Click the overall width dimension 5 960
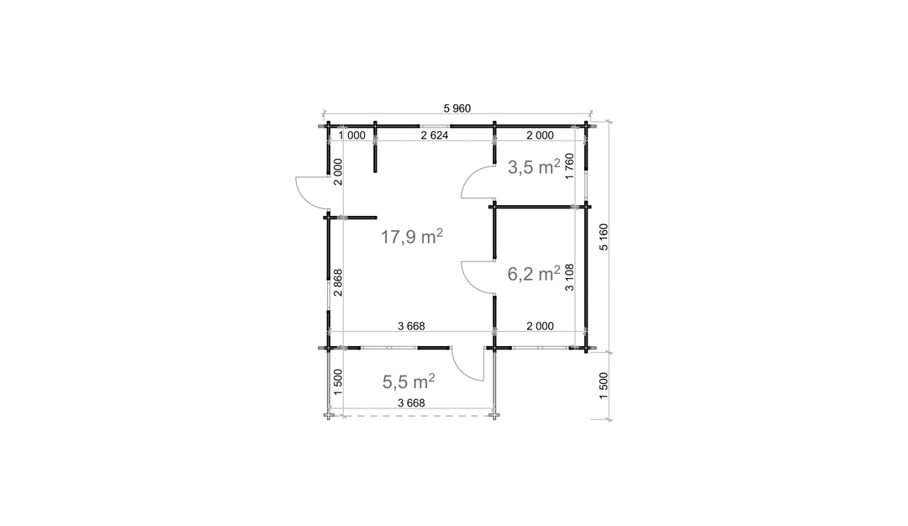click(457, 108)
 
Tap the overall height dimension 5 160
click(604, 237)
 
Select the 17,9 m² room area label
click(412, 236)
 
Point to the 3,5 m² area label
click(534, 167)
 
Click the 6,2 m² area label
click(534, 274)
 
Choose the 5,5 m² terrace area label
click(409, 381)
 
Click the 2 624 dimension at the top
click(435, 135)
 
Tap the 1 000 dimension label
click(351, 135)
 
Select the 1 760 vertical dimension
click(570, 166)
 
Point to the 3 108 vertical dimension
click(570, 277)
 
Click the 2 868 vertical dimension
click(338, 283)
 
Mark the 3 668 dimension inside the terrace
click(411, 402)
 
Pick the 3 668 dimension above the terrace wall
click(411, 326)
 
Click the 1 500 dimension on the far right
click(604, 386)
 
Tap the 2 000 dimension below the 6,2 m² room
click(540, 326)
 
